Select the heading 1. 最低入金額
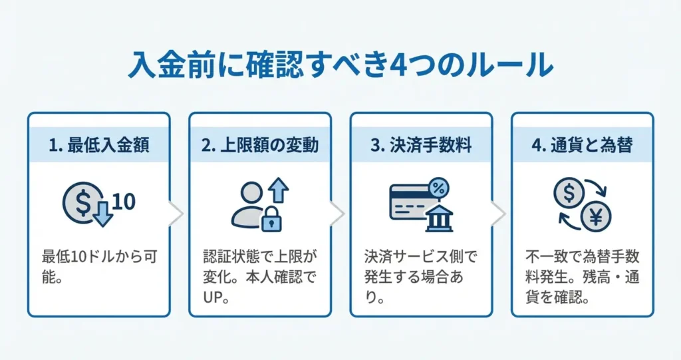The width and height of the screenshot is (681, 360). pos(98,146)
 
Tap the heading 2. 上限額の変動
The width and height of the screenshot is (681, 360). pos(259,146)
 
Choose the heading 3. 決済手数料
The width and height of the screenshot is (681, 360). pos(421,146)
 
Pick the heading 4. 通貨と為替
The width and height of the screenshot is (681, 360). pos(582,146)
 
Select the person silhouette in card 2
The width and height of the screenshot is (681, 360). pos(247,204)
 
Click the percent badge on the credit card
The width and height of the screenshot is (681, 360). pos(438,188)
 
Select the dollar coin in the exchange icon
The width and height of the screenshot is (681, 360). pos(569,194)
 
